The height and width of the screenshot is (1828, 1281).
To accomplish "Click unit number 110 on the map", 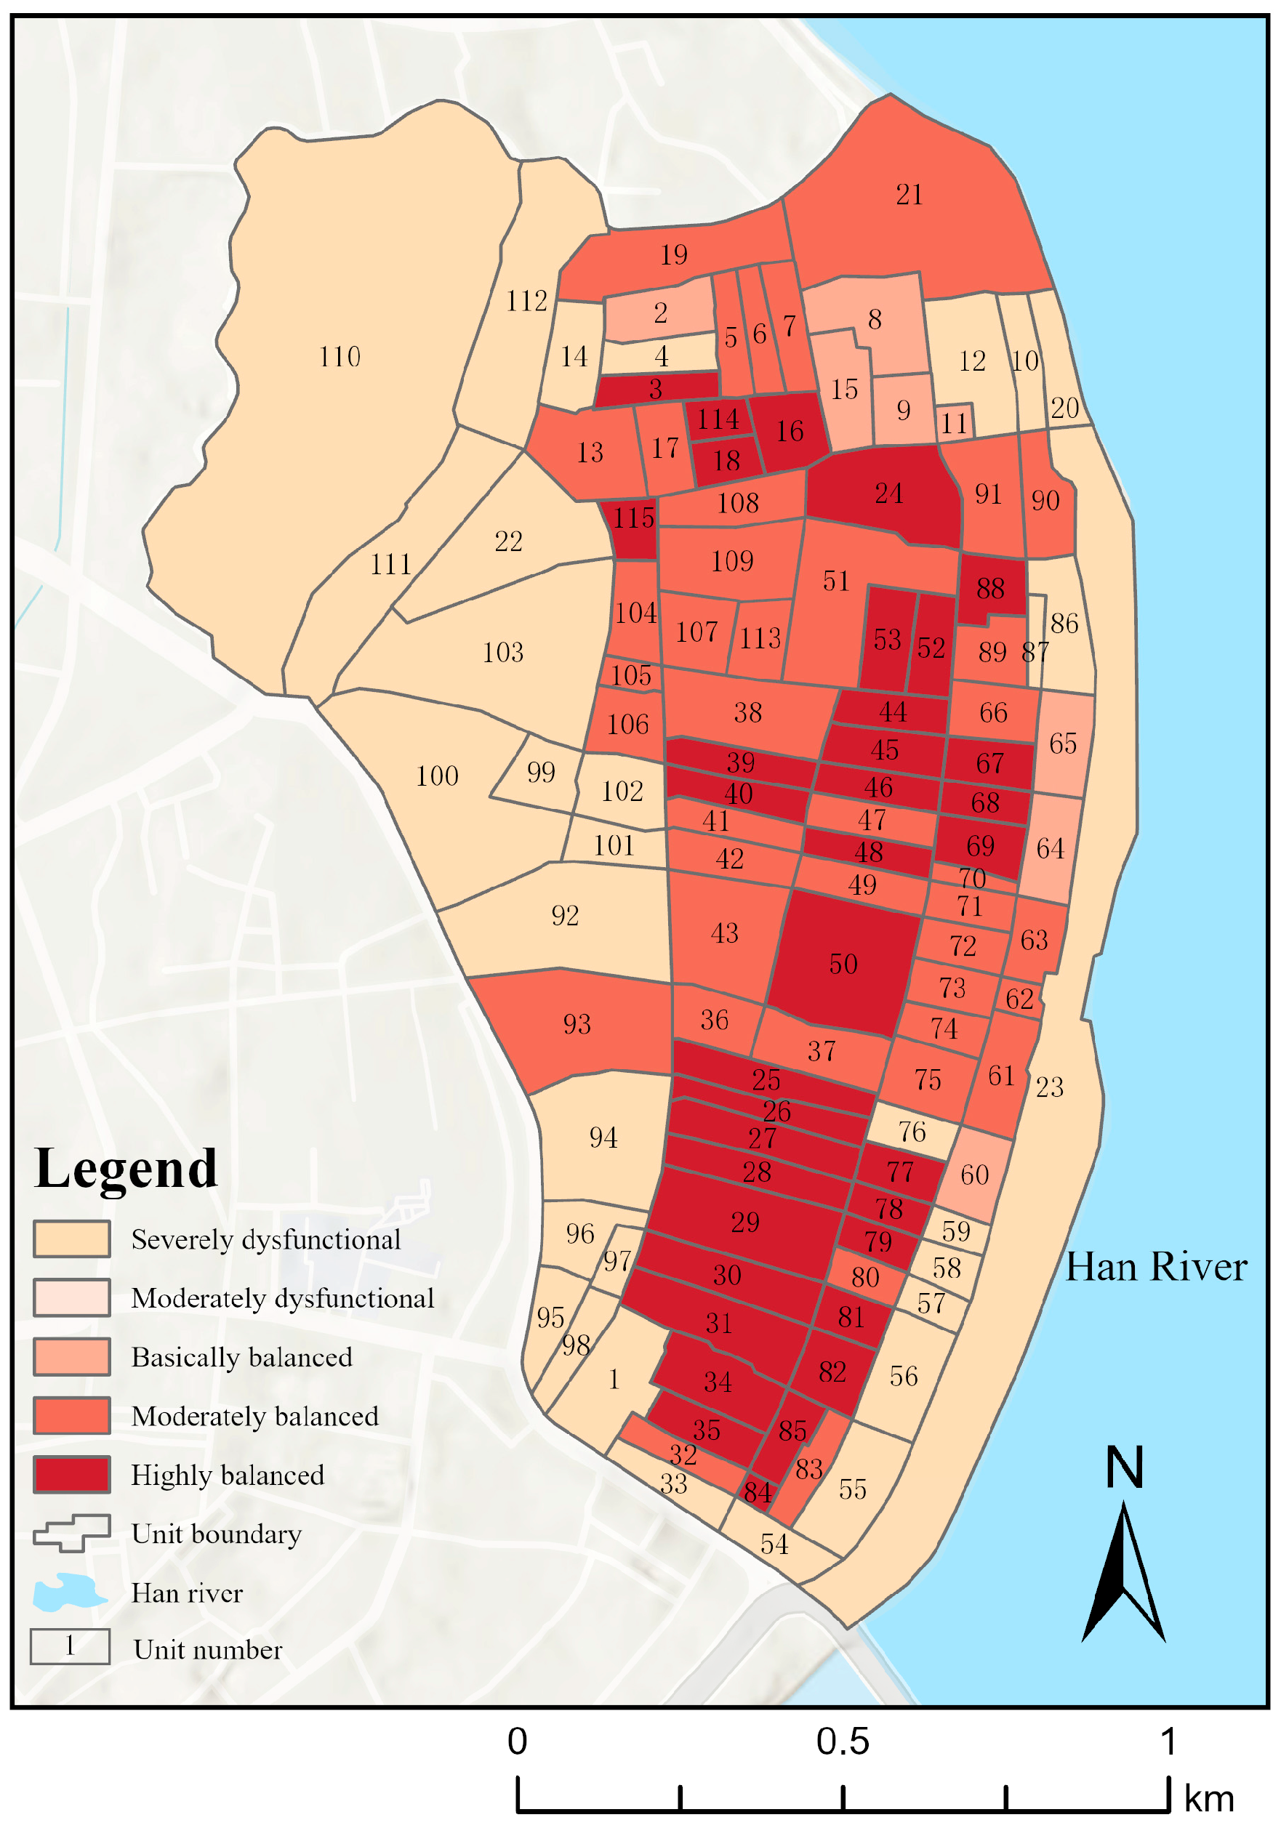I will click(340, 357).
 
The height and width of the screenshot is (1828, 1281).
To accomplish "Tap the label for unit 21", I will click(909, 195).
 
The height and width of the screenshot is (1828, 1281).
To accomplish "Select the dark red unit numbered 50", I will click(843, 965).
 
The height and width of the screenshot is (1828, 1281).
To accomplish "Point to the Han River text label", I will click(1155, 1267).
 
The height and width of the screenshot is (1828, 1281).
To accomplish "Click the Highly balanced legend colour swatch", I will click(72, 1475).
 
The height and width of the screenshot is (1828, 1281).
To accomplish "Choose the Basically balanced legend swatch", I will click(72, 1357).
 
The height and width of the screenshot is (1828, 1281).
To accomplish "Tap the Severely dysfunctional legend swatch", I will click(72, 1239).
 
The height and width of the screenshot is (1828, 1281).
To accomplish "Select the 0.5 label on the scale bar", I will click(843, 1742).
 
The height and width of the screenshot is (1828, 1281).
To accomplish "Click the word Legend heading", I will click(126, 1169).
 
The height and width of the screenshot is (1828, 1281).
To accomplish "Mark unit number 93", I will click(577, 1024).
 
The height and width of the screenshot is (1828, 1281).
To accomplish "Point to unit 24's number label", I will click(888, 494).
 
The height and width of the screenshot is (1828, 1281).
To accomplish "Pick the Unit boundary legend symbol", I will click(72, 1534).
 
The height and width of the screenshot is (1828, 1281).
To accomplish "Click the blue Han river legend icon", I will click(70, 1593).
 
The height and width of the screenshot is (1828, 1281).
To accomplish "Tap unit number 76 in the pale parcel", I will click(912, 1132).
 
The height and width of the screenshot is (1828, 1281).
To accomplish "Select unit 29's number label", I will click(745, 1222).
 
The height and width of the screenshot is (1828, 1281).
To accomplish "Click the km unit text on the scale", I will click(1208, 1800).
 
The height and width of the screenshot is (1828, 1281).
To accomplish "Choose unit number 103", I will click(503, 653).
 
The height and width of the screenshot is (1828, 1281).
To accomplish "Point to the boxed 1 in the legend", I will click(70, 1646).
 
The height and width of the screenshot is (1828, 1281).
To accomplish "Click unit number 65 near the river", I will click(1063, 744).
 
